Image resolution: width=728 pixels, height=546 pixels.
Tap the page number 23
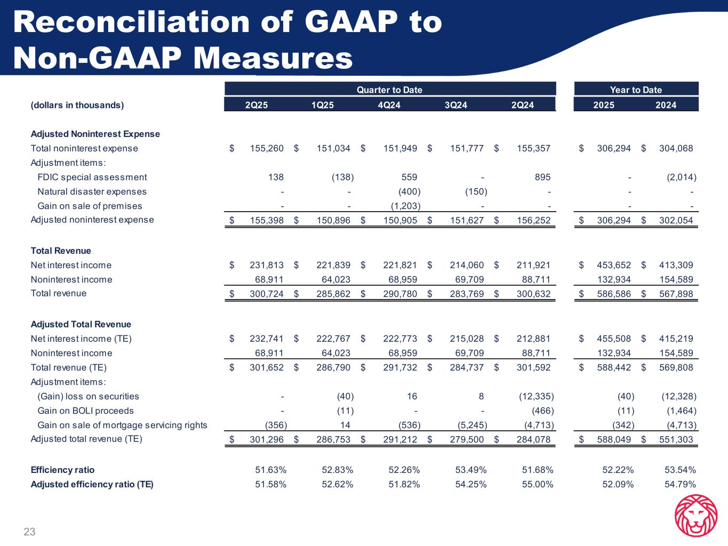point(29,532)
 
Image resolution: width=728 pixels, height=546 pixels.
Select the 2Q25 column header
point(256,105)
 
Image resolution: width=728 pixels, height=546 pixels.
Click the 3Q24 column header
point(455,105)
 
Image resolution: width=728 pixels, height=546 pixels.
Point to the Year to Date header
point(636,90)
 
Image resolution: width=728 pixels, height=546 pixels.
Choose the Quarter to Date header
point(389,90)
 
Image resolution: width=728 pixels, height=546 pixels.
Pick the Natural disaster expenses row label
point(92,191)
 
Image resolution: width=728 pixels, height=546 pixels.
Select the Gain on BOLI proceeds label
point(85,411)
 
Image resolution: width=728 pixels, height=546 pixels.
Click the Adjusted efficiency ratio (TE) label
point(92,484)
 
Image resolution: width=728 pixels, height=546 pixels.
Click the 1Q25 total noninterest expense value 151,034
point(333,148)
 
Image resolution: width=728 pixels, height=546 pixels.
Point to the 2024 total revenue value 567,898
point(676,294)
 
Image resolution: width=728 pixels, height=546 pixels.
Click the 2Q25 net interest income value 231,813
point(267,265)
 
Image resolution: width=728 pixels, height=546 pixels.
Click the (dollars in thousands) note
point(77,105)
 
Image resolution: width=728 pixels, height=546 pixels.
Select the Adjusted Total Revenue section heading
point(81,324)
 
